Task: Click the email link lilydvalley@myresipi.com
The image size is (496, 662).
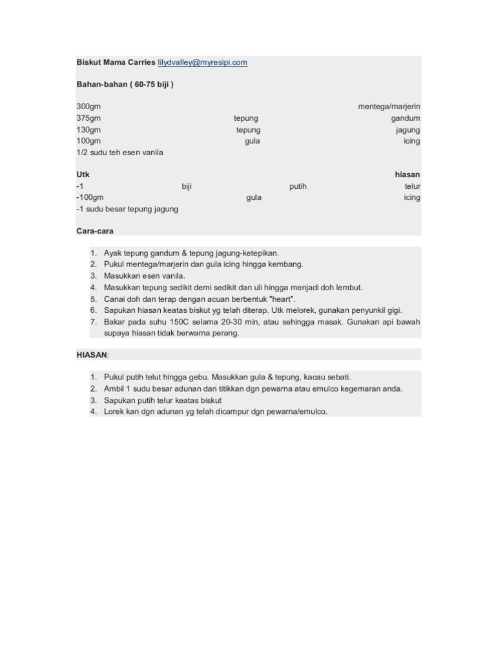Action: (203, 63)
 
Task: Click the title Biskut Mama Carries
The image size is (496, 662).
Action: (116, 63)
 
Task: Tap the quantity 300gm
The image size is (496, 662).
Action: (88, 107)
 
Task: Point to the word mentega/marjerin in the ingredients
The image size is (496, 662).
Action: (389, 107)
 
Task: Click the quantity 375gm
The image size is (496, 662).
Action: (88, 118)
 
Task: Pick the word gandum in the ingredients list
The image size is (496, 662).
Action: (405, 118)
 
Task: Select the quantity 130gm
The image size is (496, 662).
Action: (88, 130)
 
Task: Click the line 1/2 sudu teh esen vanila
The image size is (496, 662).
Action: (119, 153)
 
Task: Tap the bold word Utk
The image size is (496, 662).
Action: (83, 175)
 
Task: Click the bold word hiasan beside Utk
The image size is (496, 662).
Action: (407, 175)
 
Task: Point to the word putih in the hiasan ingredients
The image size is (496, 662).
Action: (298, 187)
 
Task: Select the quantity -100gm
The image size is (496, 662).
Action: (90, 198)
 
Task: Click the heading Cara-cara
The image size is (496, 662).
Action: (94, 231)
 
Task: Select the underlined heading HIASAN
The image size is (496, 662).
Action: (92, 355)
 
